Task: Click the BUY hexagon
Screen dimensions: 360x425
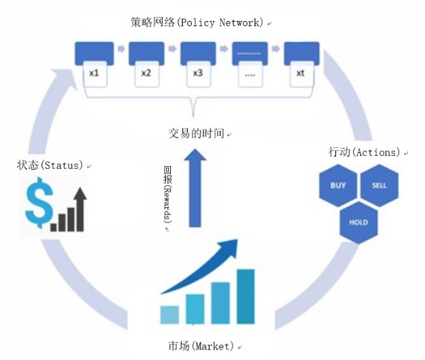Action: click(x=338, y=185)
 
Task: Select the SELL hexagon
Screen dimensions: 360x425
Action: click(x=379, y=185)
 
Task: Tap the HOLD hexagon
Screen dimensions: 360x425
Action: click(x=358, y=223)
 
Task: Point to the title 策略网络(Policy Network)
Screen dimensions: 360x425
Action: click(x=197, y=23)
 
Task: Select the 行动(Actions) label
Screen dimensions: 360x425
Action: click(x=364, y=152)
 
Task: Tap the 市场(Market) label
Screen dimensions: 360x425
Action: click(x=201, y=345)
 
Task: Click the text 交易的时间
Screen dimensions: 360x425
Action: click(x=196, y=134)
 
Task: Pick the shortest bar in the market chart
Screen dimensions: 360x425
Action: click(x=170, y=314)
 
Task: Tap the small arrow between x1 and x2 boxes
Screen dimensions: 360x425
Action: click(x=121, y=48)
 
